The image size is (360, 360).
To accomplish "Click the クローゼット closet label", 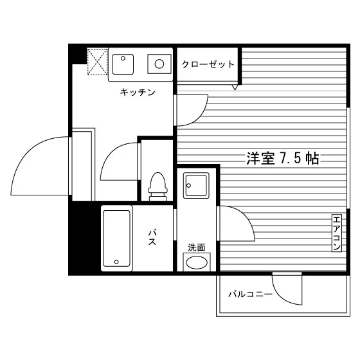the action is [208, 64].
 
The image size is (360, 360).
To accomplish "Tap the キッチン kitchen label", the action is [138, 93].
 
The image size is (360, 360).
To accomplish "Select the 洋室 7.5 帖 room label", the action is [283, 158].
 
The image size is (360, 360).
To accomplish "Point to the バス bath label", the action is [152, 237].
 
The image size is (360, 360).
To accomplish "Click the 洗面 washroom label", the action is [196, 248].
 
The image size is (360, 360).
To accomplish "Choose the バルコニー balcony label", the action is [250, 294].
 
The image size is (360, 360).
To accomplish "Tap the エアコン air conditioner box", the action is [337, 233].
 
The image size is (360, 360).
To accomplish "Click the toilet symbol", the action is [157, 186].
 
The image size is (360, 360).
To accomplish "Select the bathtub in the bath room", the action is [116, 239].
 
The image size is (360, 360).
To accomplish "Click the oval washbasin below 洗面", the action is [197, 262].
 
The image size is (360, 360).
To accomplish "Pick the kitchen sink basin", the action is [123, 64].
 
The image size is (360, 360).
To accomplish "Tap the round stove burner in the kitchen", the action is [159, 64].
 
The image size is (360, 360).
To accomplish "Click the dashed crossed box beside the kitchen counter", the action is [97, 62].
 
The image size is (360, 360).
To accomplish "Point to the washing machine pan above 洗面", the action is [196, 186].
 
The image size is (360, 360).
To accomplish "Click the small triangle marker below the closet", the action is [235, 87].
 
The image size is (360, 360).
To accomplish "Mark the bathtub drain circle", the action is [116, 262].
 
